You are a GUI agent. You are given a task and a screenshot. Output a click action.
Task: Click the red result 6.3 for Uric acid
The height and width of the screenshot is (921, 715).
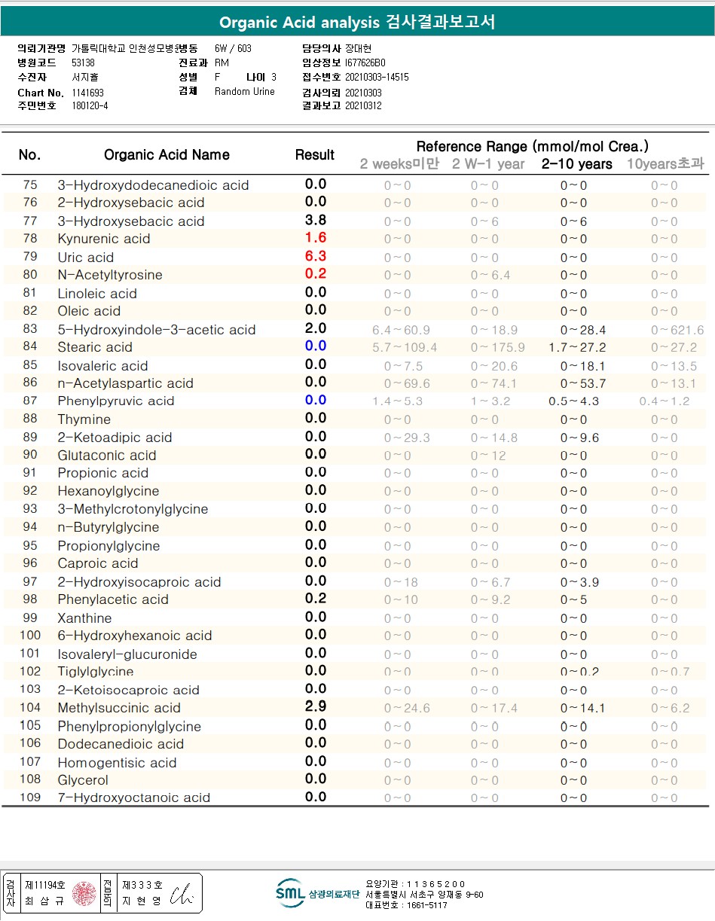point(315,256)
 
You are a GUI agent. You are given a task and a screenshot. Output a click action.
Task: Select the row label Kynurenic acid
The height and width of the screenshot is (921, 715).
point(104,239)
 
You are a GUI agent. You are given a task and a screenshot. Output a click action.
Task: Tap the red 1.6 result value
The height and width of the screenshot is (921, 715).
point(315,238)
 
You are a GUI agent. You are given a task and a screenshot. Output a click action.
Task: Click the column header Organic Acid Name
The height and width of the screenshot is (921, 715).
point(167,155)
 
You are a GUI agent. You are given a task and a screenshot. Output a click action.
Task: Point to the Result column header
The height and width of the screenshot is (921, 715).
point(315,155)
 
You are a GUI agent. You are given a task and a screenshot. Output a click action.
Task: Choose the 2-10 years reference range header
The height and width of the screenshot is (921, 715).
point(576,164)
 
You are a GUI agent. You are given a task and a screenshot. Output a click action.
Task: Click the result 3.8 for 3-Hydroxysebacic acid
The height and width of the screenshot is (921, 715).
point(315,221)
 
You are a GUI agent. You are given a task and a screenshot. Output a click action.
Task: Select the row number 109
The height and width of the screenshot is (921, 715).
point(30,797)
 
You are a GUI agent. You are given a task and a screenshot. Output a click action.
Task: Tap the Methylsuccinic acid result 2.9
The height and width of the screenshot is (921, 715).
point(315,707)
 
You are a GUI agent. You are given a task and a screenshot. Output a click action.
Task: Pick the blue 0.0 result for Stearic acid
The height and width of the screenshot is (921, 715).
point(315,346)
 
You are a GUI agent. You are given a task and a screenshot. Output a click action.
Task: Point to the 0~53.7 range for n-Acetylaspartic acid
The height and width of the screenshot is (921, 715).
point(583,383)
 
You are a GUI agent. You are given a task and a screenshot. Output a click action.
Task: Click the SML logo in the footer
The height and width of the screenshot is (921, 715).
point(290,893)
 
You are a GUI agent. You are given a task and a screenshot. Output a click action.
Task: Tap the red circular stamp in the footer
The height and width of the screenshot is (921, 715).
point(83,894)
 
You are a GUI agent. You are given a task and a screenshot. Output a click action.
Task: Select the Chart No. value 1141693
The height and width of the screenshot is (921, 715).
point(88,93)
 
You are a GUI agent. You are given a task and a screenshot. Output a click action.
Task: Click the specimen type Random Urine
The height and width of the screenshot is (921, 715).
point(245,92)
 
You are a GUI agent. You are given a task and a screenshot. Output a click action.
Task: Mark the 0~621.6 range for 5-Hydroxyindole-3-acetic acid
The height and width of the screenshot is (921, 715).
point(677,330)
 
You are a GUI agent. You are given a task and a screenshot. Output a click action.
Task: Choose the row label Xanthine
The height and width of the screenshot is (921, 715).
point(84,618)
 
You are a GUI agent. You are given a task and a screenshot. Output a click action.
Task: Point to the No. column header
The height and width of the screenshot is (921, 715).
point(29,155)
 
